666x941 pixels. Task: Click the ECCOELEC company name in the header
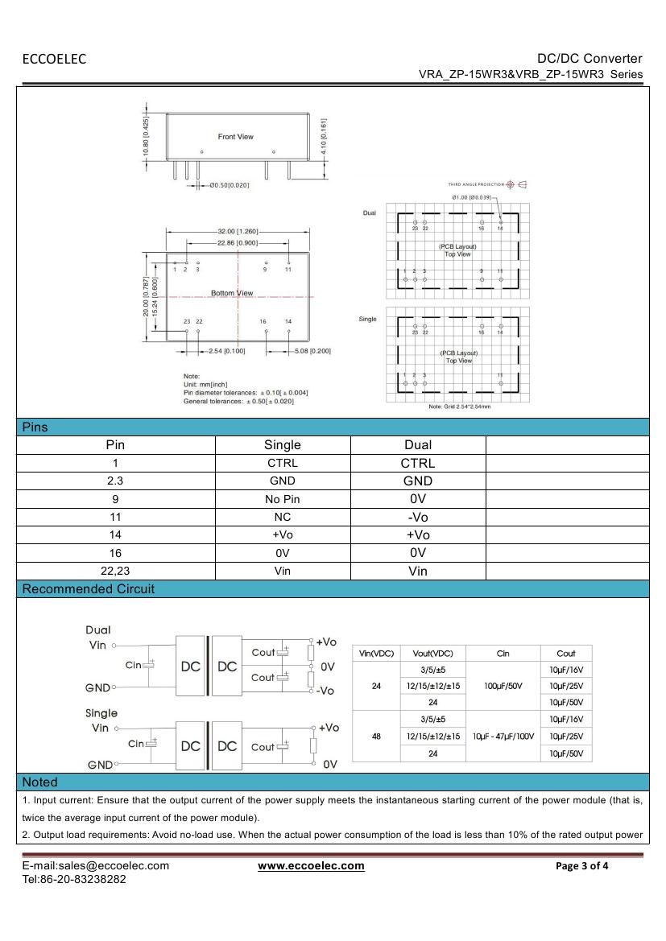pos(54,59)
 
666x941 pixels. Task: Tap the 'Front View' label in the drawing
pos(235,137)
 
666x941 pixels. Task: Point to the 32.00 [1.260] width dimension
pos(238,231)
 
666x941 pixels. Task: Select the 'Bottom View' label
pos(232,293)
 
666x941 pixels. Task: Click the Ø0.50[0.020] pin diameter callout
pos(229,186)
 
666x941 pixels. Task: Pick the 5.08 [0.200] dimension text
pos(312,351)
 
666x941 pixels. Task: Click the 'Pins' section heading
pos(35,427)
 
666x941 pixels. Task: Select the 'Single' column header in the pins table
pos(282,445)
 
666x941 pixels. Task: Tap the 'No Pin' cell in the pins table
pos(282,499)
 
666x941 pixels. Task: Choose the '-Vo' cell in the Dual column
pos(418,518)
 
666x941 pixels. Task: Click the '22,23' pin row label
pos(115,572)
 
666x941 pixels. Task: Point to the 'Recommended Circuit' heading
pos(88,589)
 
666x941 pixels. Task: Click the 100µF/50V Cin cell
pos(503,686)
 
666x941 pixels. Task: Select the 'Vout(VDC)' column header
pos(432,654)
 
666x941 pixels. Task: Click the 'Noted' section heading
pos(40,782)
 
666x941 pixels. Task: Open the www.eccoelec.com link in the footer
pos(311,866)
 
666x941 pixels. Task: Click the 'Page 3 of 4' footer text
pos(582,866)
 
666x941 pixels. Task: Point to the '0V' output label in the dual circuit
pos(328,667)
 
